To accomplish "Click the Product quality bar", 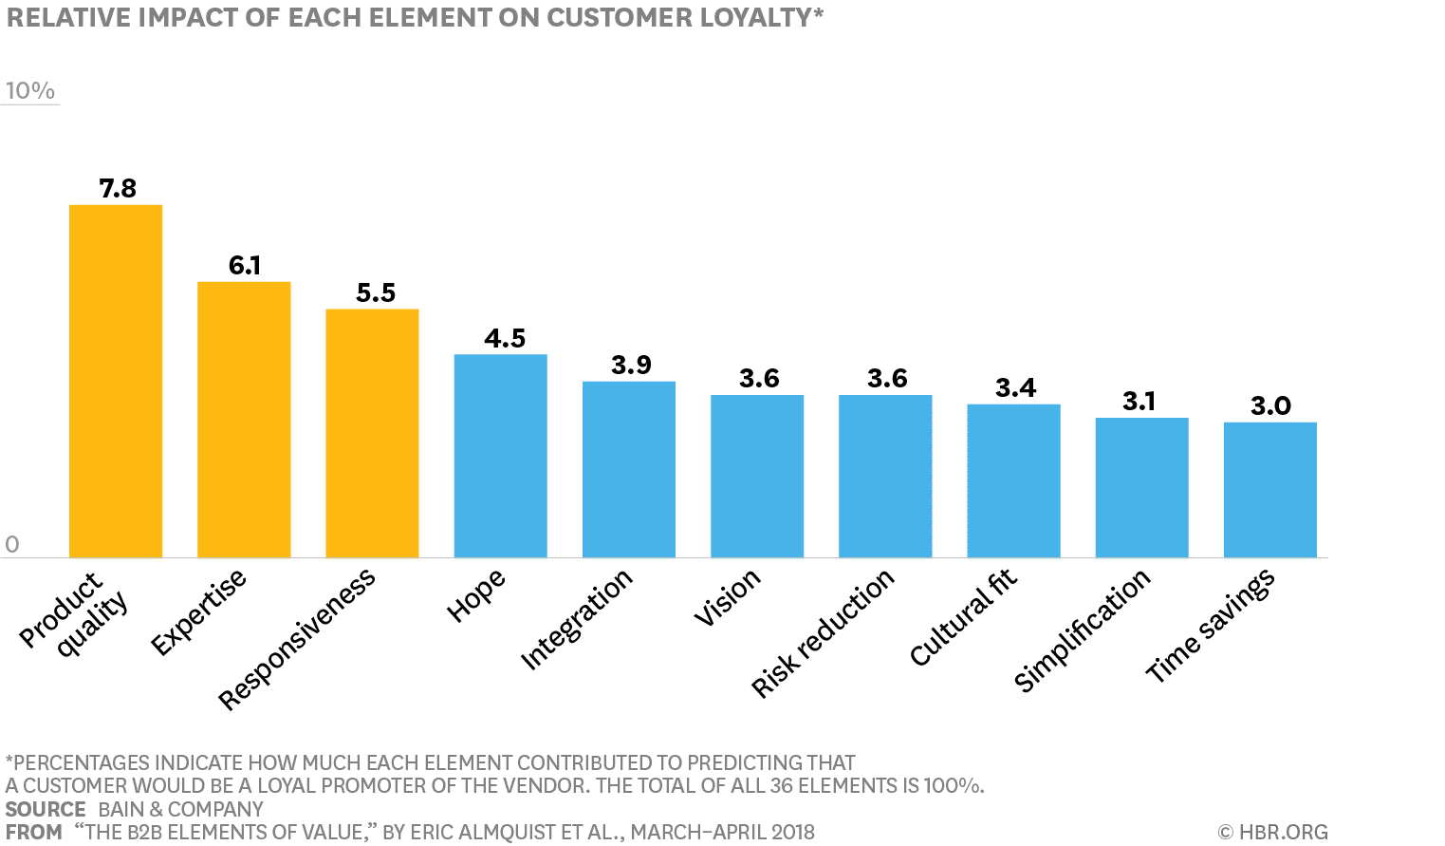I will pyautogui.click(x=116, y=381).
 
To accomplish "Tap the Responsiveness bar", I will pyautogui.click(x=372, y=433).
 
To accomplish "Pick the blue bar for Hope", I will pyautogui.click(x=500, y=456).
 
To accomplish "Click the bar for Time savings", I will pyautogui.click(x=1269, y=490).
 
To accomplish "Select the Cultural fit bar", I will pyautogui.click(x=1013, y=480).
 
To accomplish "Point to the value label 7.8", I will pyautogui.click(x=118, y=188).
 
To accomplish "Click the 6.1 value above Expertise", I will pyautogui.click(x=245, y=265).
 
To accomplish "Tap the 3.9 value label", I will pyautogui.click(x=631, y=365).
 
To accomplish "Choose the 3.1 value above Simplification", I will pyautogui.click(x=1139, y=401).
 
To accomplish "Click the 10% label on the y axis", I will pyautogui.click(x=29, y=90).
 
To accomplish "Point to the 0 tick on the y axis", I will pyautogui.click(x=12, y=544).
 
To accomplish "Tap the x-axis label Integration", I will pyautogui.click(x=576, y=619).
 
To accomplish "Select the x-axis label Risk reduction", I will pyautogui.click(x=823, y=632).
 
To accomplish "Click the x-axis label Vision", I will pyautogui.click(x=727, y=597).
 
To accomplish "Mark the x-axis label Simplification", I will pyautogui.click(x=1082, y=630).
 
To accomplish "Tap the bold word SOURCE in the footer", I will pyautogui.click(x=46, y=809).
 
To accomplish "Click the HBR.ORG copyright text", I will pyautogui.click(x=1272, y=832).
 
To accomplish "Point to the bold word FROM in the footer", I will pyautogui.click(x=33, y=832).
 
